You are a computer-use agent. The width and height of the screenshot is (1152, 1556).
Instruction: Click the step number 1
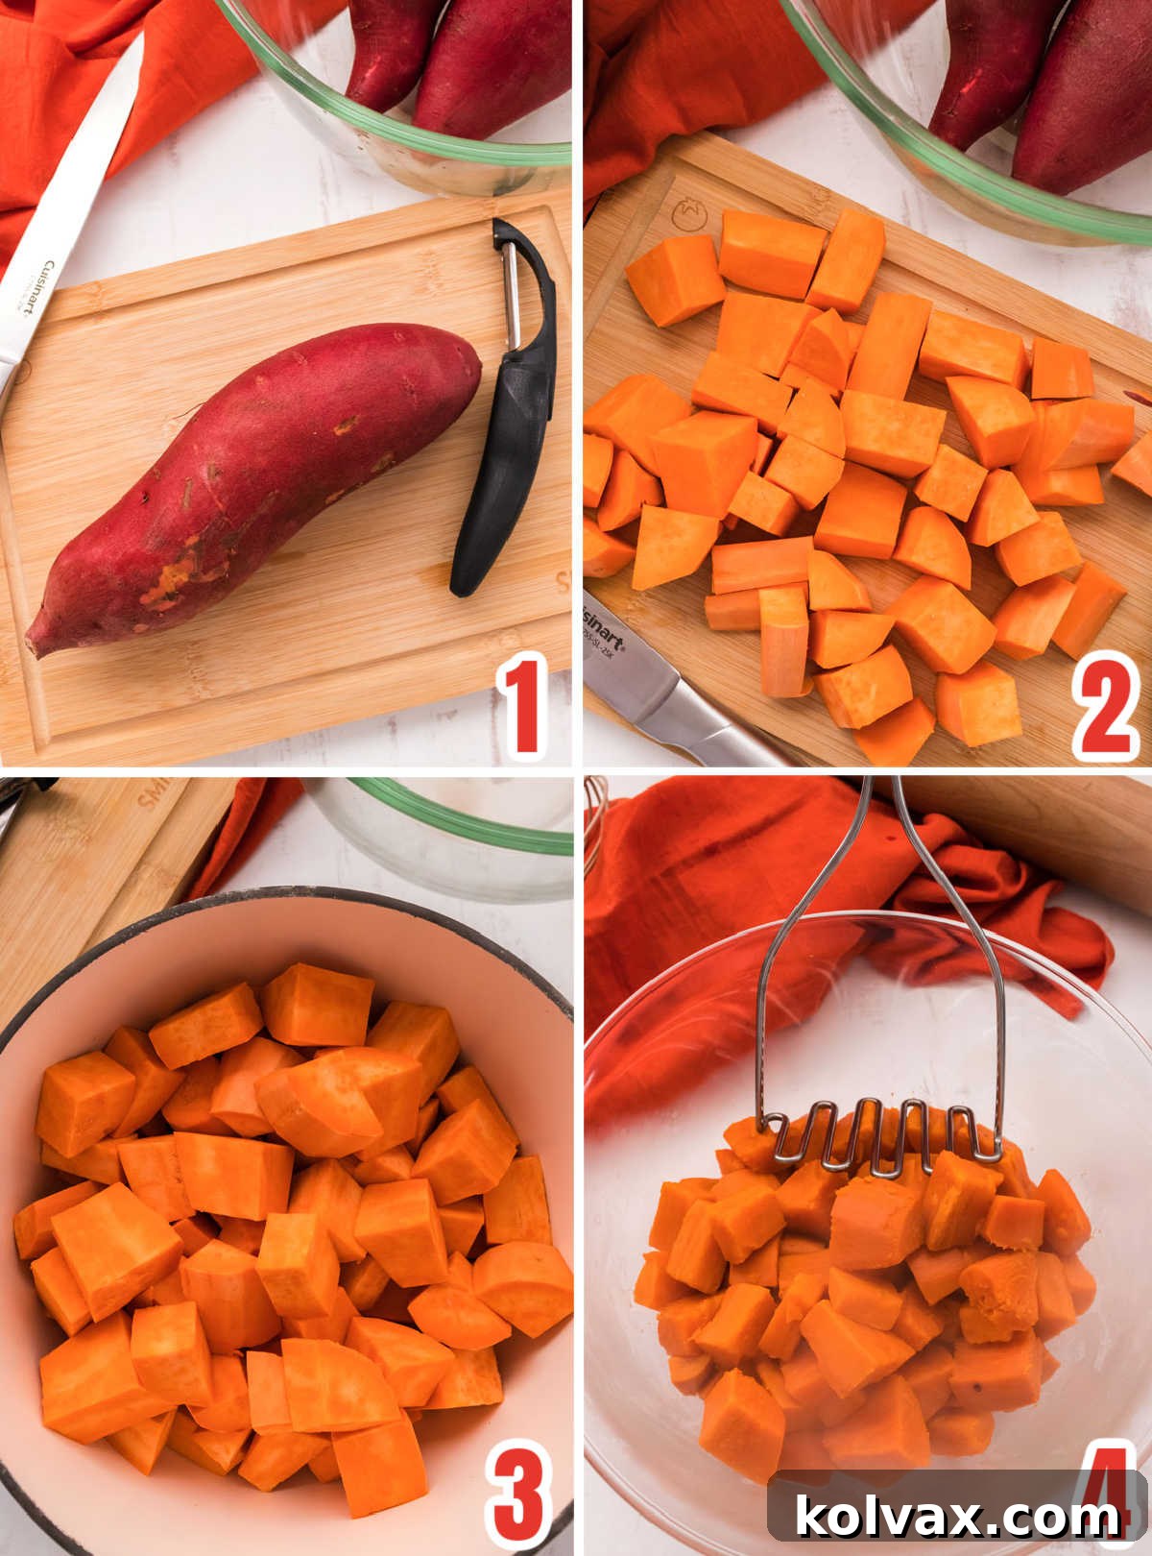[x=521, y=703]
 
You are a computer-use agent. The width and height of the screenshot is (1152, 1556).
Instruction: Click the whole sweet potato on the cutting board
[x=259, y=480]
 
